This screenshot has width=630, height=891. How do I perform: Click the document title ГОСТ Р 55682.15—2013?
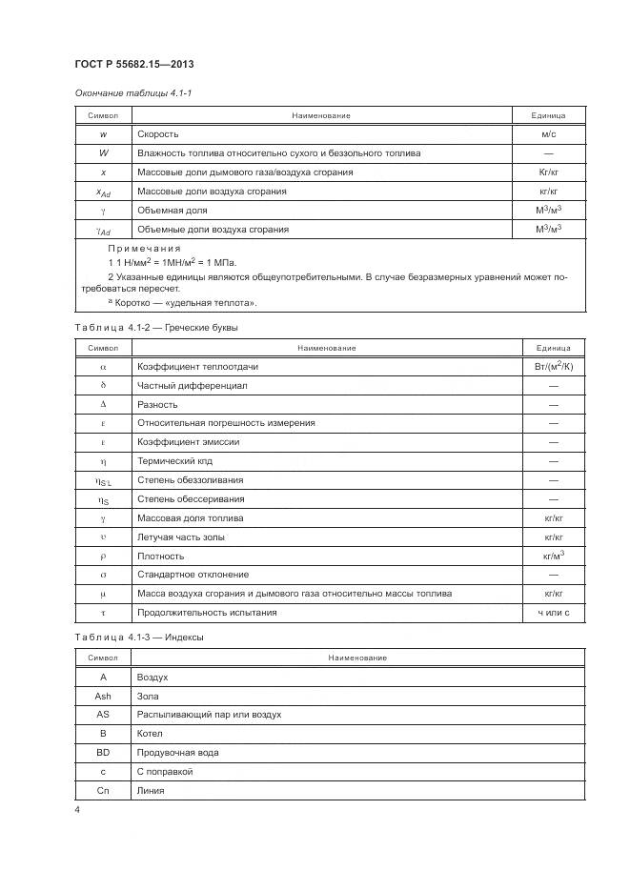click(x=134, y=64)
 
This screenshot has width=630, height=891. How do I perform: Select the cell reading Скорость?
click(x=158, y=134)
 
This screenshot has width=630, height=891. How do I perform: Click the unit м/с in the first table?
click(x=548, y=134)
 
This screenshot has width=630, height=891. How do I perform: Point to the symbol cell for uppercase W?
click(x=103, y=152)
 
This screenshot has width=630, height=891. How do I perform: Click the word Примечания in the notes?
click(x=144, y=248)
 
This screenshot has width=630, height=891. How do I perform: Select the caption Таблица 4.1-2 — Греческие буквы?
click(x=155, y=328)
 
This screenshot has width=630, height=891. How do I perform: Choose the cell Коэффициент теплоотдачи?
click(x=198, y=366)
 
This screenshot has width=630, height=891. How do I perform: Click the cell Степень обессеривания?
click(x=191, y=498)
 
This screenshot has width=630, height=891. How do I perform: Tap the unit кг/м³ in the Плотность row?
click(x=553, y=555)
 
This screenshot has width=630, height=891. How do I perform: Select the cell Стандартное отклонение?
click(x=193, y=575)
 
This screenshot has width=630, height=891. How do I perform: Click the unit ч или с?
click(x=553, y=613)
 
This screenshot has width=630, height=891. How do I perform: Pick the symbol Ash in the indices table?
click(x=103, y=696)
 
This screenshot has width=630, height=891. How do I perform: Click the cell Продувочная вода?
click(x=178, y=752)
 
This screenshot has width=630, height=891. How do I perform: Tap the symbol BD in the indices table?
click(x=103, y=752)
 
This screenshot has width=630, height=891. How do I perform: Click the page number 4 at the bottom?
click(x=77, y=809)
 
